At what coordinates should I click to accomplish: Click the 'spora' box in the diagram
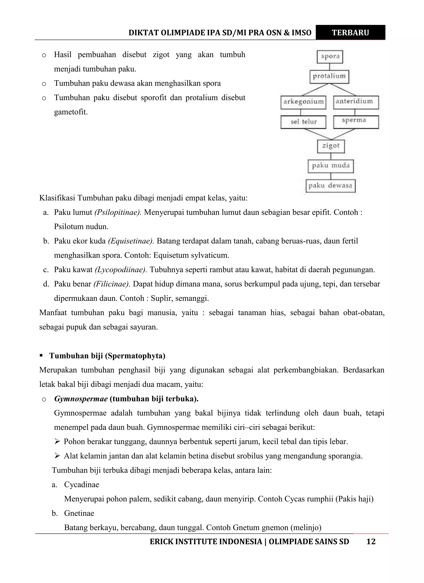click(x=330, y=56)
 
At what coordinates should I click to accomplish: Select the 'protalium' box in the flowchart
click(x=329, y=76)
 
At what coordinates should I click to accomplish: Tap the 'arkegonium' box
click(x=303, y=102)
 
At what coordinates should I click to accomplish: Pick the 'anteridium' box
click(x=356, y=102)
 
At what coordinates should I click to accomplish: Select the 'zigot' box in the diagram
click(x=331, y=146)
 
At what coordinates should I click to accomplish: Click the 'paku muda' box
click(x=331, y=166)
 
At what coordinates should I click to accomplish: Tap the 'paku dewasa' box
click(x=330, y=186)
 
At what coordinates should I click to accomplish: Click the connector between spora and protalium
click(x=330, y=67)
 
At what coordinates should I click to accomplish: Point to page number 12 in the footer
click(x=371, y=542)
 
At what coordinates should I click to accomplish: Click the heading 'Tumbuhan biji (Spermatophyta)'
click(x=107, y=356)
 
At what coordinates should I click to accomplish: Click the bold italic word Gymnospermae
click(x=81, y=399)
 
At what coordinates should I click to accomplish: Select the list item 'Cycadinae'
click(x=82, y=484)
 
